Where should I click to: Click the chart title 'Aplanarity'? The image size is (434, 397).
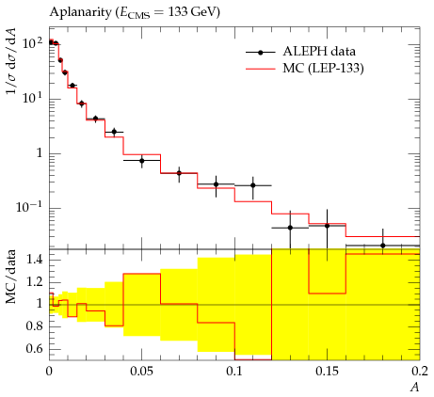click(x=80, y=12)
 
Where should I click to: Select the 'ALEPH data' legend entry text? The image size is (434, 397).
click(x=319, y=52)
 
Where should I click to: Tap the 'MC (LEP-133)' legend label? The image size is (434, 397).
click(x=323, y=68)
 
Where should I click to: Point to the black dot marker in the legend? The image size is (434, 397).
click(x=260, y=53)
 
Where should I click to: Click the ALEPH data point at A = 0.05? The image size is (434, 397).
click(x=142, y=161)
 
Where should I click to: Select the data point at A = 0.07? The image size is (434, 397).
click(x=179, y=173)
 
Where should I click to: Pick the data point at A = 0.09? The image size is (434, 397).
click(x=216, y=184)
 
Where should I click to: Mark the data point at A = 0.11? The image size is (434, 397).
click(x=253, y=185)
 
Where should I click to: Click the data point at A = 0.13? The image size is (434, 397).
click(x=290, y=228)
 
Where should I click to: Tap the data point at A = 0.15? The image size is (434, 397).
click(x=328, y=226)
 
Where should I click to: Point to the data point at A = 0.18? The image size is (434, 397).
click(x=383, y=246)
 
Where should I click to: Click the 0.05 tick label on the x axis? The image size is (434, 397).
click(x=141, y=372)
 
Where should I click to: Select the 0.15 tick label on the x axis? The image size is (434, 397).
click(x=327, y=372)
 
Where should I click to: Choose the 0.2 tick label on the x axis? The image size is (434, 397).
click(x=420, y=372)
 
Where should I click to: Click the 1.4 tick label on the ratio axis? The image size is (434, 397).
click(x=35, y=260)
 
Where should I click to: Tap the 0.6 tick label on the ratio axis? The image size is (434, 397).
click(x=35, y=348)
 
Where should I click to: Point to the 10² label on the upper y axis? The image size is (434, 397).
click(x=33, y=42)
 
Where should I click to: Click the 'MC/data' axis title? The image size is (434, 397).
click(x=11, y=277)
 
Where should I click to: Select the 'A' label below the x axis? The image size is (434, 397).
click(x=415, y=388)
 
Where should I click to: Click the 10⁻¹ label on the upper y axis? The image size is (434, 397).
click(x=29, y=207)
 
